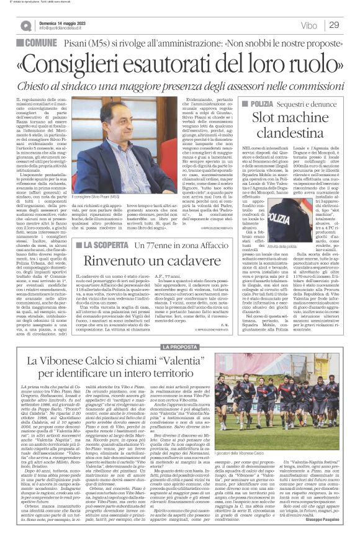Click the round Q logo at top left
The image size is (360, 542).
coord(25,25)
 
